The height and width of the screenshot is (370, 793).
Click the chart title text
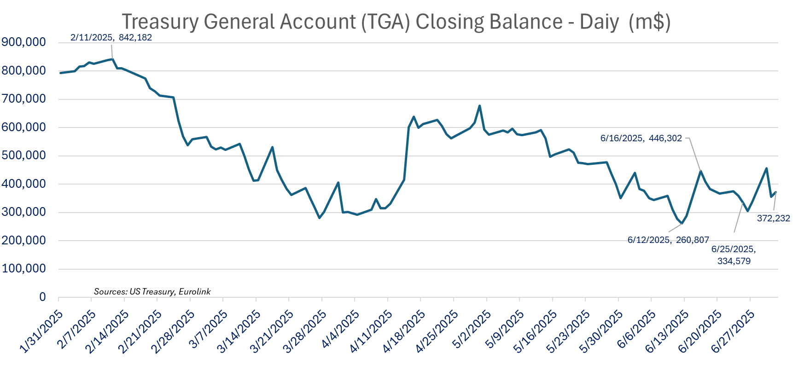[396, 22]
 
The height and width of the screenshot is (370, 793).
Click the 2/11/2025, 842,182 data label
[111, 38]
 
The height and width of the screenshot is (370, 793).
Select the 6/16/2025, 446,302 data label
[641, 138]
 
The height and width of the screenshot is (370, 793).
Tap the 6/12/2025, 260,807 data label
[668, 240]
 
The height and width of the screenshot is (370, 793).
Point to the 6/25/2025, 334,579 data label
[734, 255]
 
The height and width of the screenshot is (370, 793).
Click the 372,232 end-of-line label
[773, 219]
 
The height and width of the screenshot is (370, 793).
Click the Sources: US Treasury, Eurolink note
[152, 292]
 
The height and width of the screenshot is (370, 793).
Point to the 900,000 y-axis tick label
[24, 42]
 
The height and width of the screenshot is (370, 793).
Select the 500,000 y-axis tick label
[24, 156]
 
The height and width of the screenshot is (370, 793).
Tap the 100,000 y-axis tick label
[24, 269]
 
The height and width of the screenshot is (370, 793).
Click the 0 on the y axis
[42, 297]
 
